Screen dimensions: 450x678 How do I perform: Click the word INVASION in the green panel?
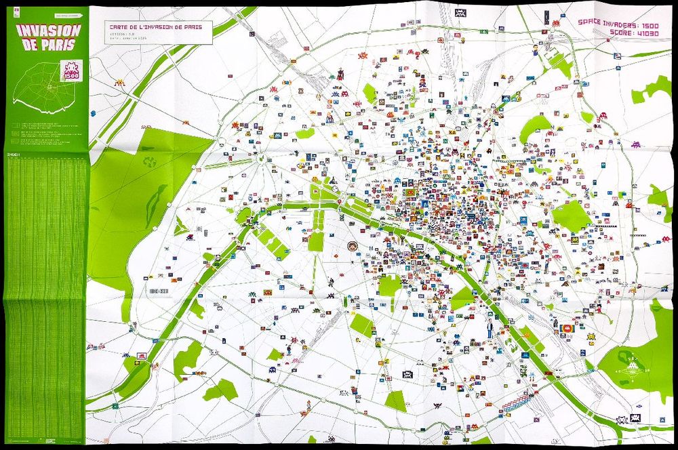[x=48, y=30]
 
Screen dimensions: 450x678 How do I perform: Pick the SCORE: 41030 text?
[x=638, y=31]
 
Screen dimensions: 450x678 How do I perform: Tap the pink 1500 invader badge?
[x=71, y=71]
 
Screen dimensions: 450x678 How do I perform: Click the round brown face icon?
[x=353, y=247]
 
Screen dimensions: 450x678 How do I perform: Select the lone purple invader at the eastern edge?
[x=636, y=144]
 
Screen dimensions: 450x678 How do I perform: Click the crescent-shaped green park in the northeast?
[x=536, y=126]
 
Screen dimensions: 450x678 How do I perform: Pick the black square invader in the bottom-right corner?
[x=636, y=418]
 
